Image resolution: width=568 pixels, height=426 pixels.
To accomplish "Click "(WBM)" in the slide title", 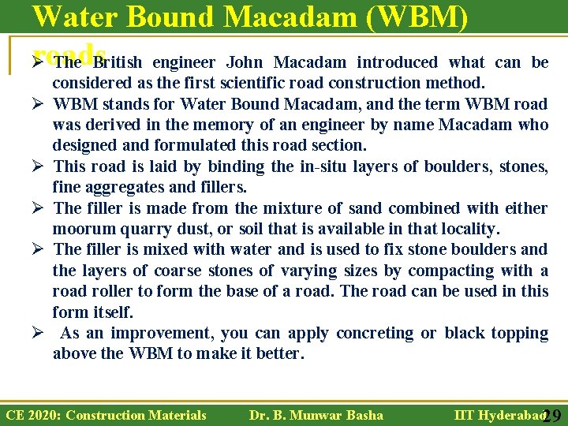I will [404, 17].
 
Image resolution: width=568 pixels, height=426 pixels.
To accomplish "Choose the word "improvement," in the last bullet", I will [163, 333].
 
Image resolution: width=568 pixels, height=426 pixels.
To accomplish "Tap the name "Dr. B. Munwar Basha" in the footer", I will [316, 415].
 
